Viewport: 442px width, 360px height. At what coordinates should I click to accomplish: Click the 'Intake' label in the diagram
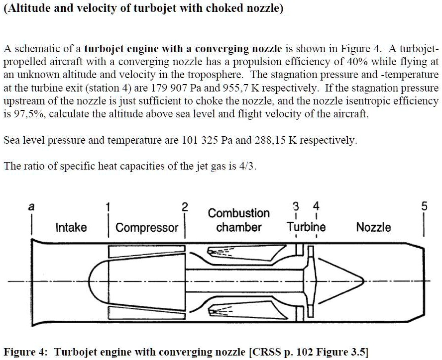point(71,228)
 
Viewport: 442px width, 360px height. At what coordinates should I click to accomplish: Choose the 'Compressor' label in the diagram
point(147,228)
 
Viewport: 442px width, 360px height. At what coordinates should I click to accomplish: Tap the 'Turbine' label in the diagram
point(306,227)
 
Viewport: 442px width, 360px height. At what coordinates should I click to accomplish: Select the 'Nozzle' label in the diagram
point(373,227)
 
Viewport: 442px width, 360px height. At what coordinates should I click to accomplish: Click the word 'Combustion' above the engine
point(238,213)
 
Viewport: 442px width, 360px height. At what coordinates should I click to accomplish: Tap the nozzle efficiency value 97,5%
point(23,114)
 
